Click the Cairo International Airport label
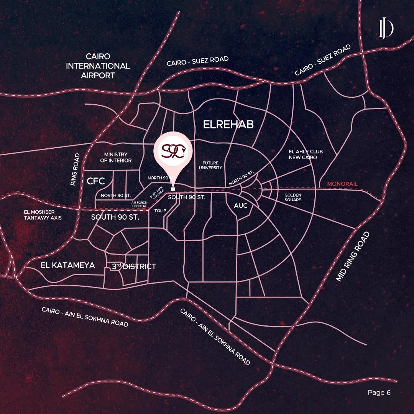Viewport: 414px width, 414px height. tap(98, 66)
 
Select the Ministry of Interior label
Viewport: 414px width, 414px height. tap(116, 158)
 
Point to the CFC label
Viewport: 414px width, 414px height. tap(96, 181)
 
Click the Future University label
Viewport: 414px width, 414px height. tap(210, 166)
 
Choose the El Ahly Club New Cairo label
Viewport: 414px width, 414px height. tap(303, 154)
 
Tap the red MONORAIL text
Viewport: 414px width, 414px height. tap(342, 184)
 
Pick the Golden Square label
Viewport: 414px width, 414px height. tap(293, 197)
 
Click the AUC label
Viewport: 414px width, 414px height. tap(241, 206)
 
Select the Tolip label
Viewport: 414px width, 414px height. tap(160, 211)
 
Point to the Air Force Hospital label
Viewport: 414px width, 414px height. tap(139, 204)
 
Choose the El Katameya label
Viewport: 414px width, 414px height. tap(67, 265)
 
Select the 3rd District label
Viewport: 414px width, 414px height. tap(134, 266)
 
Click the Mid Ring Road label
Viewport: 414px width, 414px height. tap(353, 256)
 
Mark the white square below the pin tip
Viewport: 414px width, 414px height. tap(173, 189)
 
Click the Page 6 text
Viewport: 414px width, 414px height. tap(379, 392)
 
